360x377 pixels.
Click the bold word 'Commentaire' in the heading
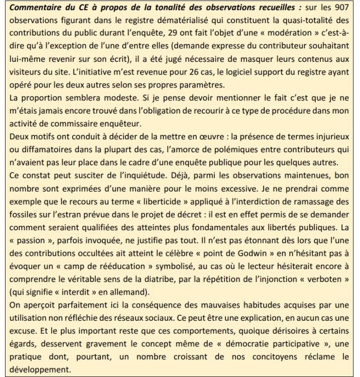[x=35, y=9]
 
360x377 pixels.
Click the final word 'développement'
[x=35, y=369]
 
